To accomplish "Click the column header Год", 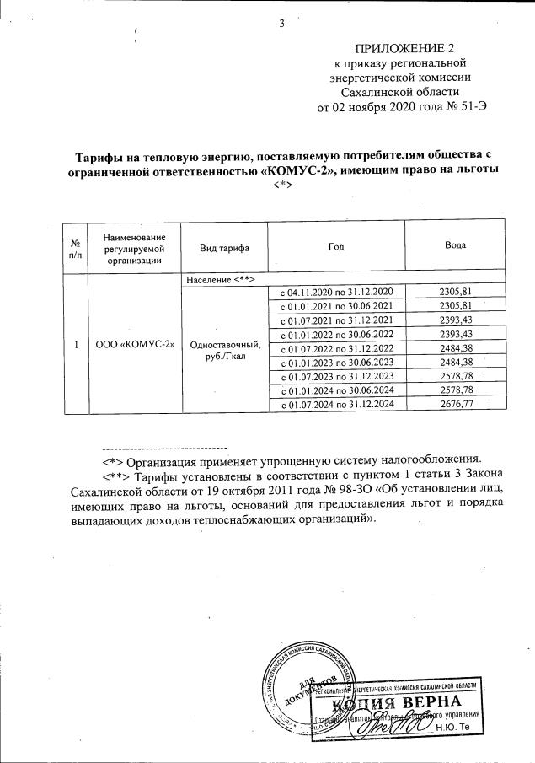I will click(336, 245).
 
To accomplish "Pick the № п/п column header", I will click(75, 246).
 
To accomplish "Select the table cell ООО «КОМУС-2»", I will click(135, 345).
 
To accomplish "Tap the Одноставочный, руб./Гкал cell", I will click(225, 351).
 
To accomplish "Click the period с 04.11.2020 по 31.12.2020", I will click(336, 291).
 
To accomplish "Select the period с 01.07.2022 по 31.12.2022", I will click(336, 348).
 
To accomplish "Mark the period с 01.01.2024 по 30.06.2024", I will click(336, 391).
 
